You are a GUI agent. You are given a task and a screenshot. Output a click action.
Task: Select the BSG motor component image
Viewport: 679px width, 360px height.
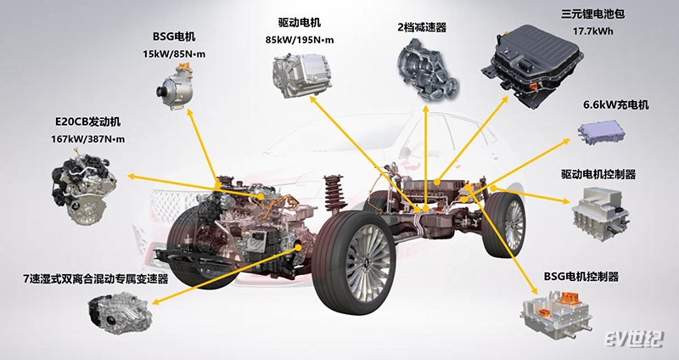(x=180, y=88)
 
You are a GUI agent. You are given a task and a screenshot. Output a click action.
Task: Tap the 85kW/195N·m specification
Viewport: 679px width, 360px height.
(x=300, y=40)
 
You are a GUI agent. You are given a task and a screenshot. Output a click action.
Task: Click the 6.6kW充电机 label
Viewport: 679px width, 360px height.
(x=615, y=106)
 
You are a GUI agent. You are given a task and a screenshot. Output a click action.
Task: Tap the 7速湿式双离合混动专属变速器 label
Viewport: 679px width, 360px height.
(x=96, y=278)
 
